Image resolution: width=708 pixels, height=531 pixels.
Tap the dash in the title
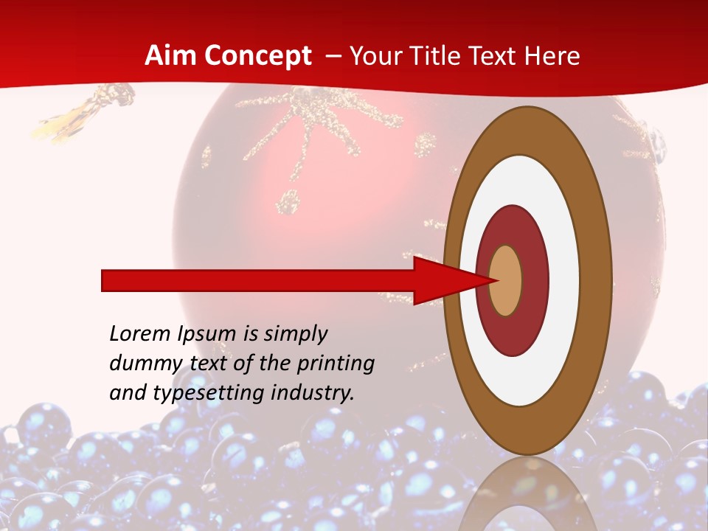[333, 56]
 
